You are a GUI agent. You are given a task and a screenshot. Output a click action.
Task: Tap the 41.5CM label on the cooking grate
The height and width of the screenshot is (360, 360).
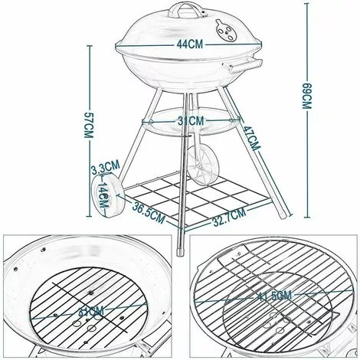[273, 293]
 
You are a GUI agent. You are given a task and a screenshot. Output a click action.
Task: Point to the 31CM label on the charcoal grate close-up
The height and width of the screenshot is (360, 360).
[90, 312]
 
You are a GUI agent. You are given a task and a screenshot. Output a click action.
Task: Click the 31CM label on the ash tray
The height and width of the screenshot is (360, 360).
[192, 120]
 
